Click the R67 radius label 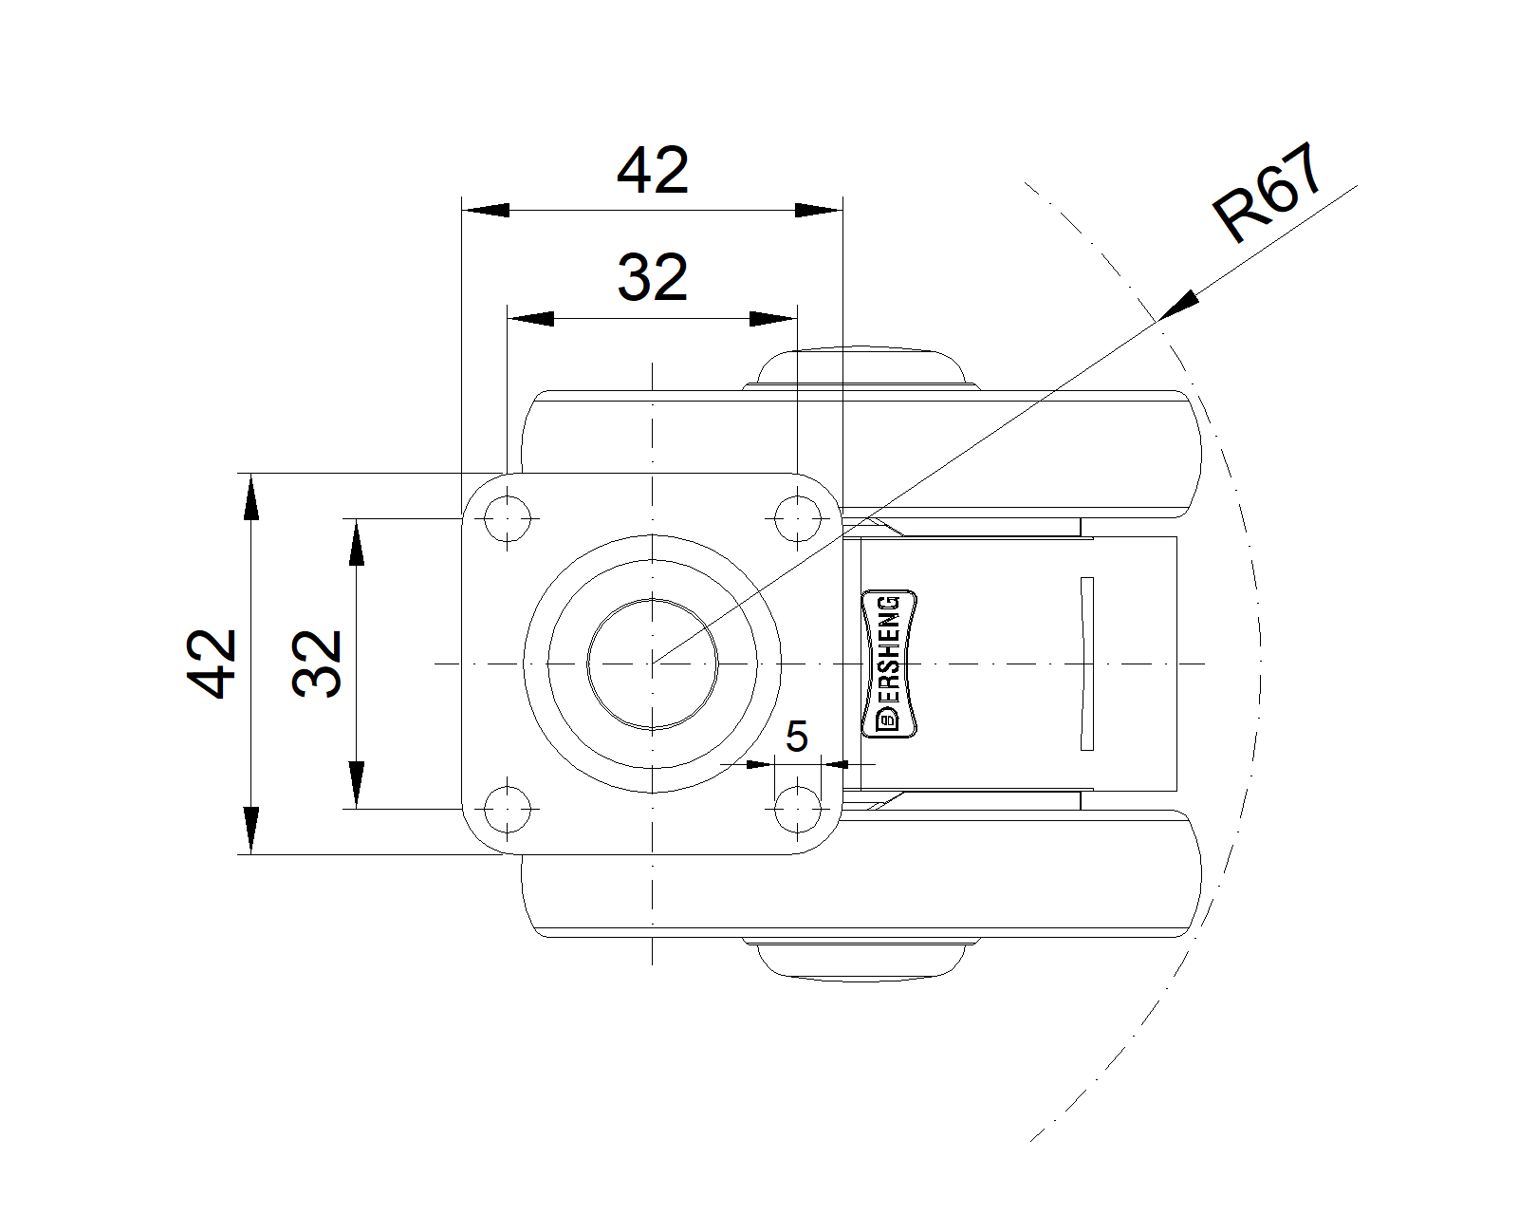[x=1267, y=192]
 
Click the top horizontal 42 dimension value [x=653, y=170]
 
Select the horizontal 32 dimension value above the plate [x=653, y=277]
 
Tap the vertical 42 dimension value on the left [x=211, y=664]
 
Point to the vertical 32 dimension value [x=316, y=664]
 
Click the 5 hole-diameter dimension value [x=796, y=737]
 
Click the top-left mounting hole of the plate [x=508, y=519]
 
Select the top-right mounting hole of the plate [x=797, y=519]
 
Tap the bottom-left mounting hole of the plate [x=508, y=809]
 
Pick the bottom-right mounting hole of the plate [x=797, y=809]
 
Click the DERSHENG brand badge [x=889, y=664]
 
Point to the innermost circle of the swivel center [x=653, y=664]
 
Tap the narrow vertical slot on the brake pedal [x=1087, y=664]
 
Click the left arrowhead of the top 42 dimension [x=486, y=211]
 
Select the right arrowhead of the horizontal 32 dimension [x=773, y=319]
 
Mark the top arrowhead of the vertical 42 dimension [x=251, y=497]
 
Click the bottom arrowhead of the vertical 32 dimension [x=356, y=785]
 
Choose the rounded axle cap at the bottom [x=861, y=961]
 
